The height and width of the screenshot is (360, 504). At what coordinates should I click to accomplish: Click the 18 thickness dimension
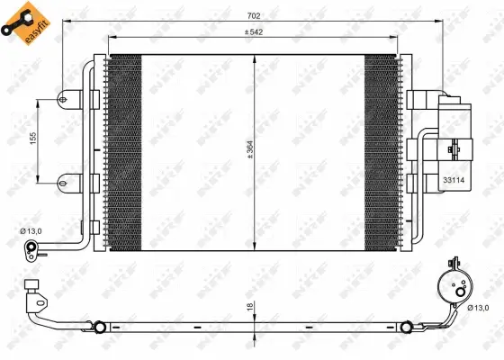248,307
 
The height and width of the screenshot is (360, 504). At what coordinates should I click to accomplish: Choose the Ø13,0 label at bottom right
481,309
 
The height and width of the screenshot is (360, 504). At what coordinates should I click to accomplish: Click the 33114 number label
454,181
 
